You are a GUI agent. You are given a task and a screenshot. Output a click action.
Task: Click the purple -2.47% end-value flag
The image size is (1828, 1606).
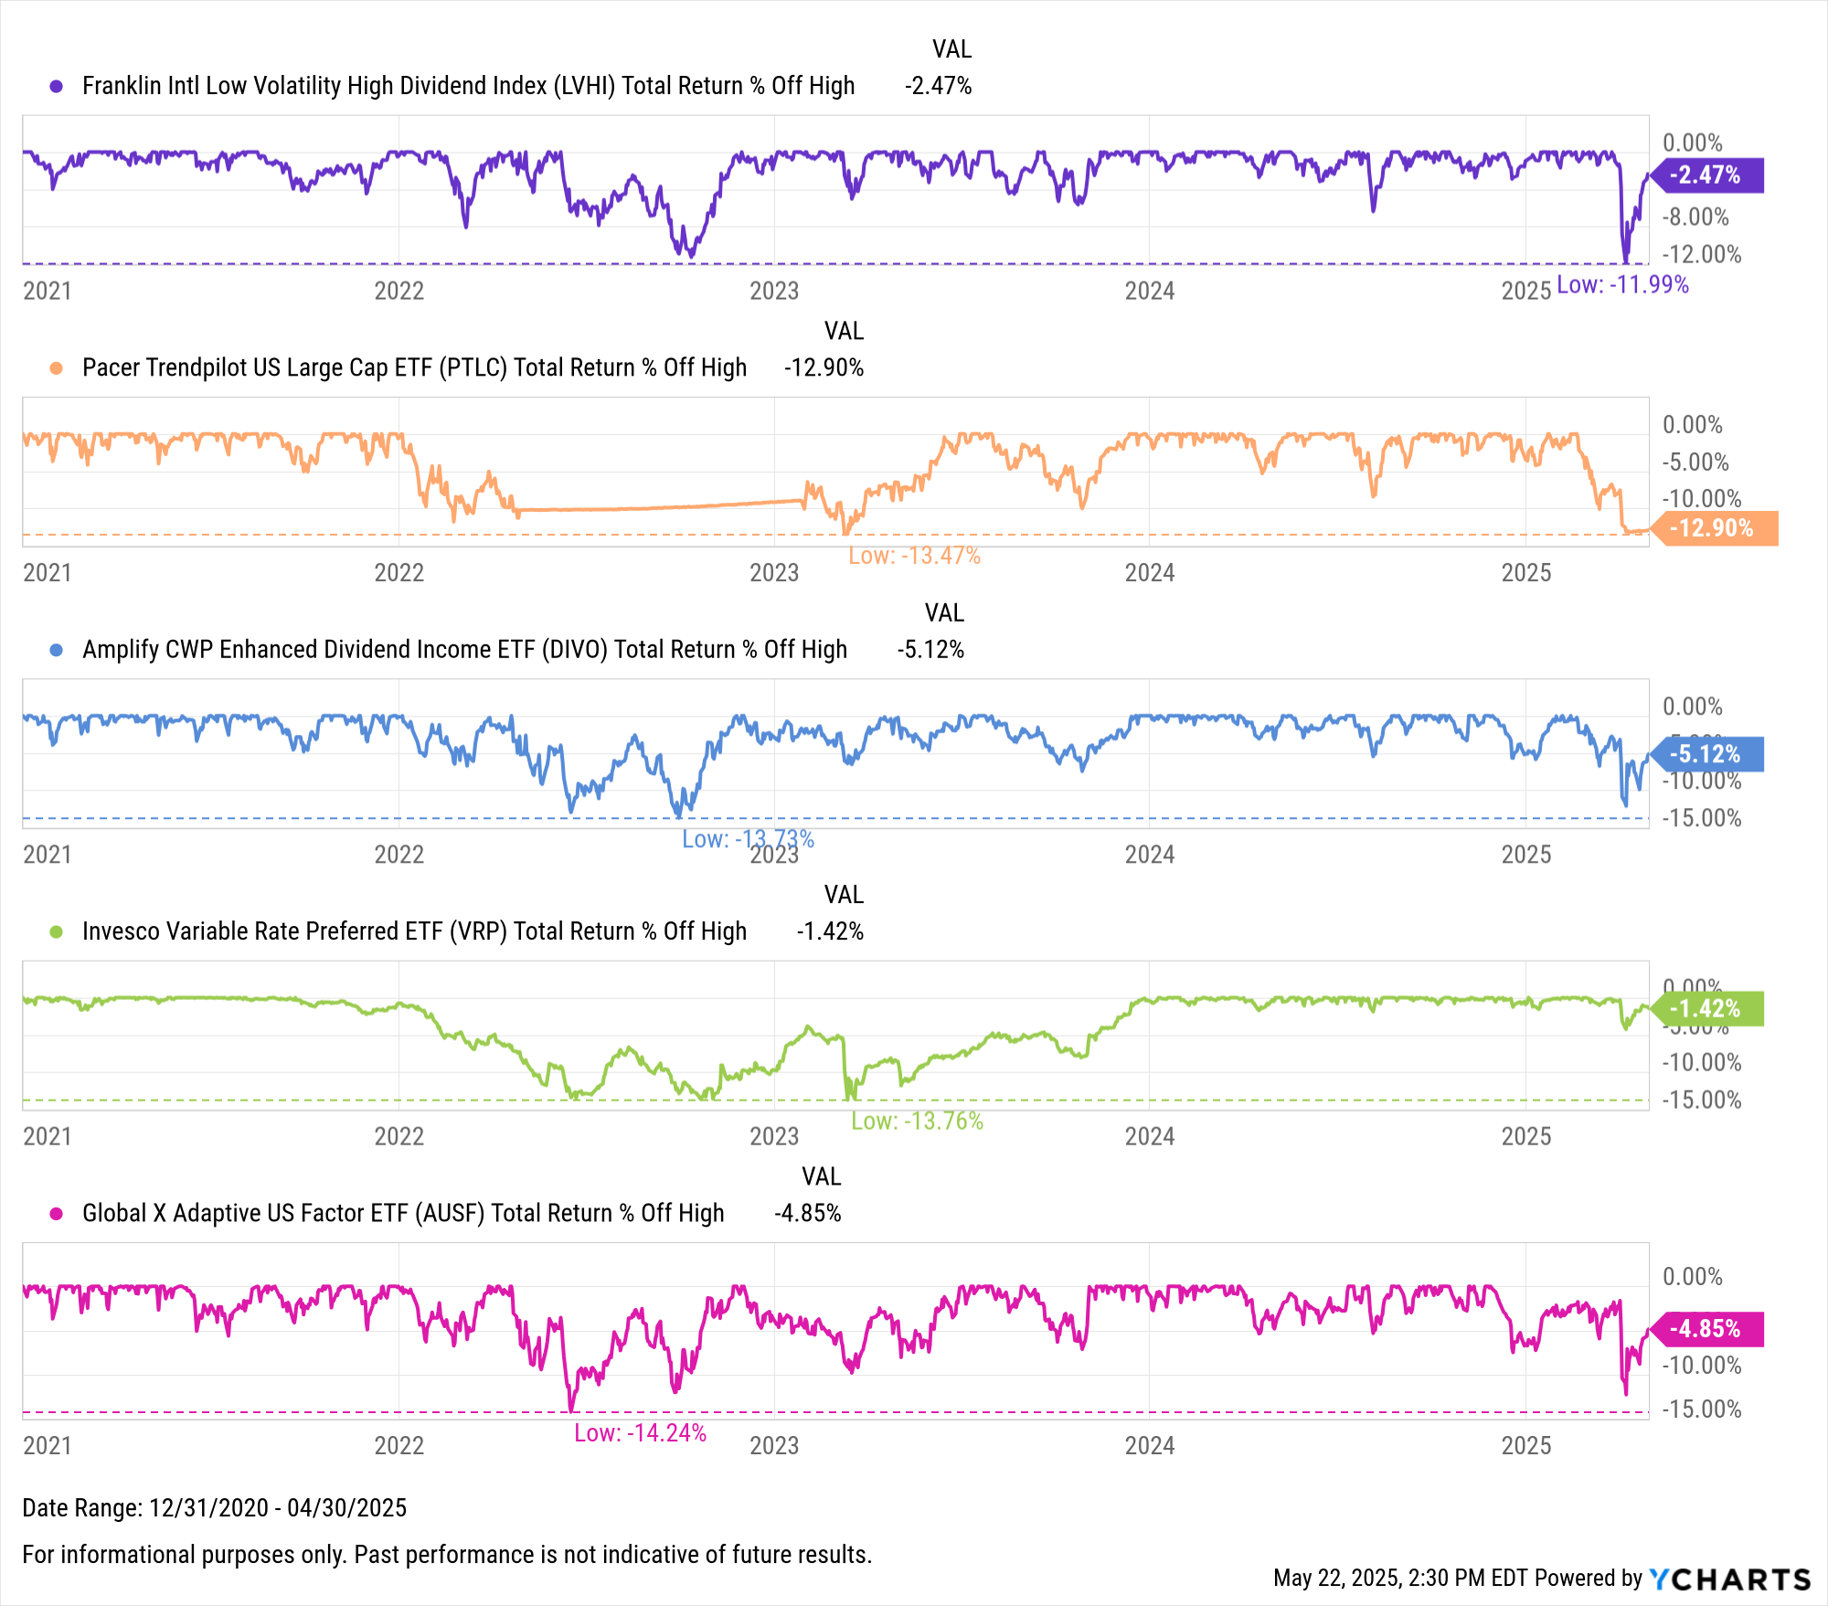(1706, 175)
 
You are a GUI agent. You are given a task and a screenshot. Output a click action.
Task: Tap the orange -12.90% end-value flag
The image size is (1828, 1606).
(1714, 528)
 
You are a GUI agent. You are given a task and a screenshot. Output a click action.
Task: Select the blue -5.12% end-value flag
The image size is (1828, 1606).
(1706, 754)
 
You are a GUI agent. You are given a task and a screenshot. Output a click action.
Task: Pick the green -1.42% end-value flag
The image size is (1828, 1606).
(1706, 1008)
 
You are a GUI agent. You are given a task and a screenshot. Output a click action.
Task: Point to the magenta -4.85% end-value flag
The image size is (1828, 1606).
(1706, 1328)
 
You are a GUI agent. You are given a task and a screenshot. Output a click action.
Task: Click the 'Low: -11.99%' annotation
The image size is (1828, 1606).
(1622, 285)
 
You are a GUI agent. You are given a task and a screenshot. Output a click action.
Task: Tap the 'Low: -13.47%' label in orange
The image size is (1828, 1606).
(914, 556)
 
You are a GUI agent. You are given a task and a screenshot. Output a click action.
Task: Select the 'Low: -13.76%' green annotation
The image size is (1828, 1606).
(917, 1121)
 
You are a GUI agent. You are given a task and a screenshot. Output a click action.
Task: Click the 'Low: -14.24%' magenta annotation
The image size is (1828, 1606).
(640, 1433)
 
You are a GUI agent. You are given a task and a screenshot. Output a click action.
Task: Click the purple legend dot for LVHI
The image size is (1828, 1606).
(57, 86)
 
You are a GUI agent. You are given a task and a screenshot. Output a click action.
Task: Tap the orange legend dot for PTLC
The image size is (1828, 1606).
(57, 368)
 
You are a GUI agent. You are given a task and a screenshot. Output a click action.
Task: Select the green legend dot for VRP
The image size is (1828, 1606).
(57, 931)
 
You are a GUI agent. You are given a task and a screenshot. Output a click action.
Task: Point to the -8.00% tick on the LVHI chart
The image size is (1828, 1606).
(1695, 218)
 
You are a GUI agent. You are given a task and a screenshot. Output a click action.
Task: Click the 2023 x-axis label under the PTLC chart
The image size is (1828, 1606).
(774, 573)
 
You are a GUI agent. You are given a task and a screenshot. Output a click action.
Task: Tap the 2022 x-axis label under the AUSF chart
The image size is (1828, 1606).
(399, 1446)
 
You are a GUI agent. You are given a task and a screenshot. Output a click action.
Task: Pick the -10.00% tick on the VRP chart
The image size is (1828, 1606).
(1701, 1063)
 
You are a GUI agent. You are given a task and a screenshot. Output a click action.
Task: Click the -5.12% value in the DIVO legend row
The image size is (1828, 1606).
(930, 650)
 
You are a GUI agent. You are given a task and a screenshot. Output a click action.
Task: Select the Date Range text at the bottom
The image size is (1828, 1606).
(215, 1507)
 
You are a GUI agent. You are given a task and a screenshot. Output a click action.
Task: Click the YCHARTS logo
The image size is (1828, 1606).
(1729, 1579)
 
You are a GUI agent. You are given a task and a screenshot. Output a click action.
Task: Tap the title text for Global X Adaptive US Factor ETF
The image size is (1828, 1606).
(402, 1214)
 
